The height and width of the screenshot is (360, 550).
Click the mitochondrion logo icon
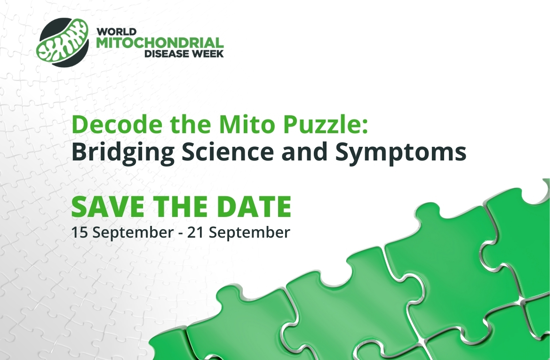63,42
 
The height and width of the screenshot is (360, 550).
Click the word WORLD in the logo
117,32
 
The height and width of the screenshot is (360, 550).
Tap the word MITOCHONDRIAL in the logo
160,43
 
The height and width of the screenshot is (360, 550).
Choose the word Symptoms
401,152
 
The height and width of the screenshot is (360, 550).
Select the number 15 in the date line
79,232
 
